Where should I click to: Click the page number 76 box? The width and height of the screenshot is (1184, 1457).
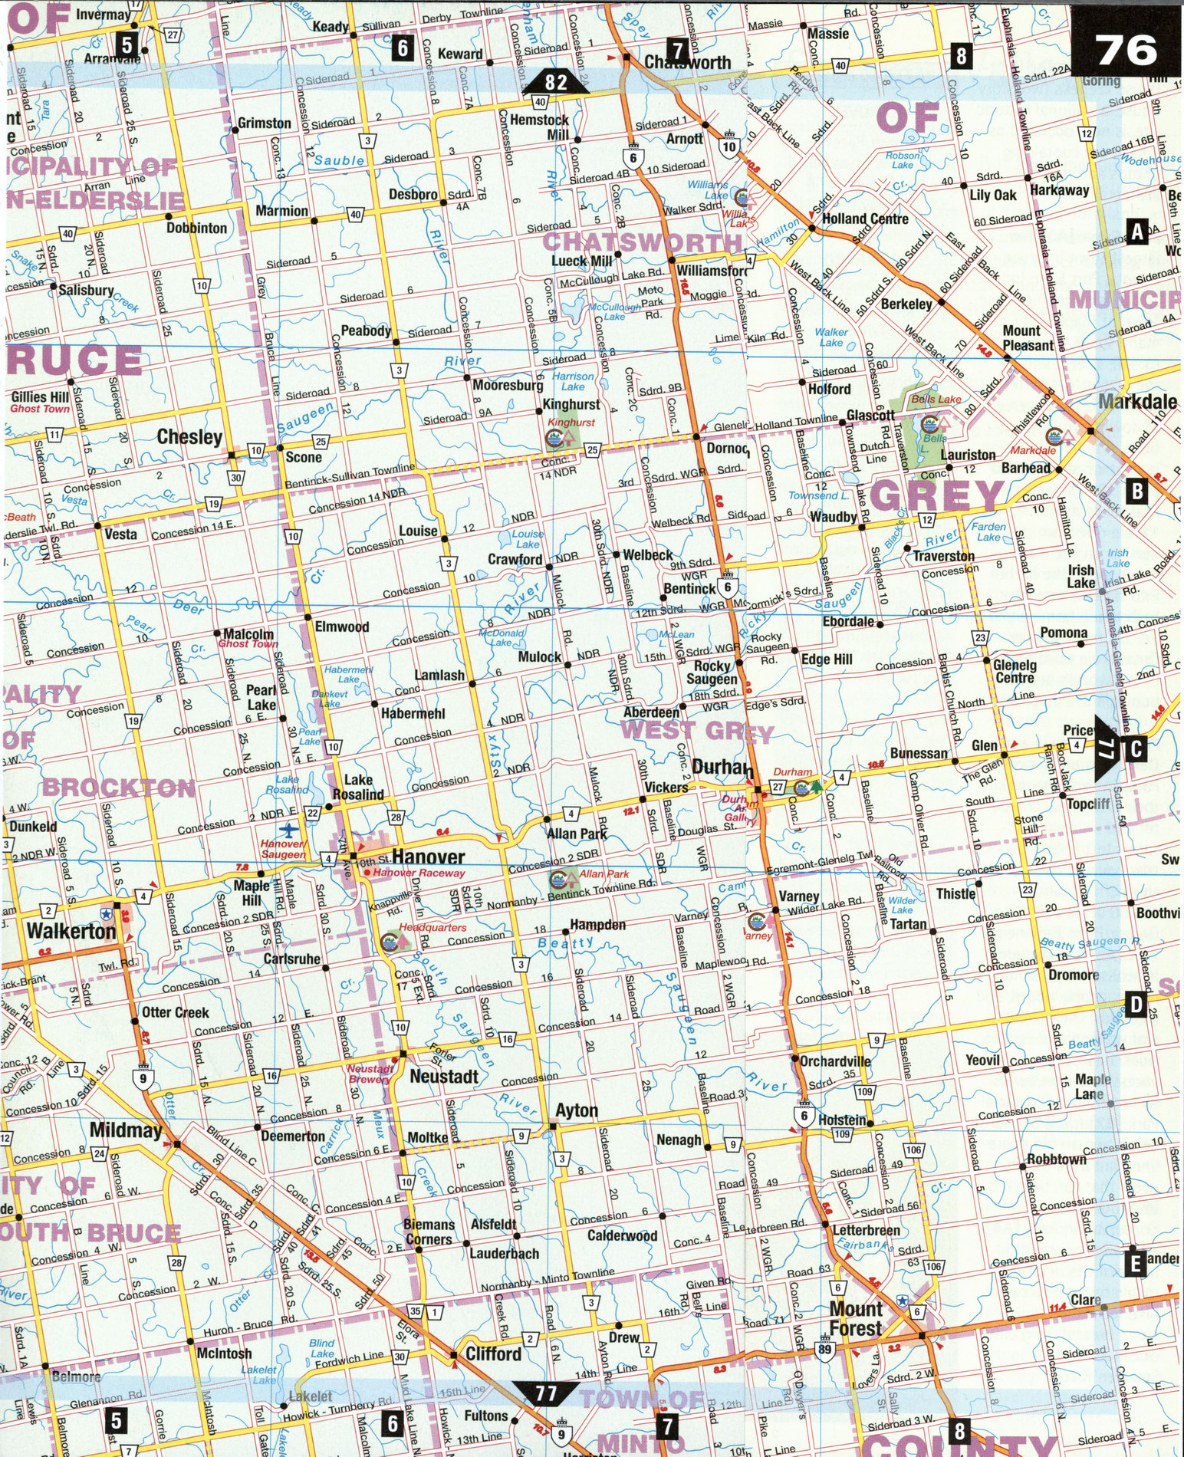point(1126,51)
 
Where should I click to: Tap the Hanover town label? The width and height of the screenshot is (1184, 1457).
point(428,857)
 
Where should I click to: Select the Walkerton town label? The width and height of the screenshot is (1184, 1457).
point(71,931)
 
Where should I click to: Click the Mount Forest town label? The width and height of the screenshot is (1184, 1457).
point(855,1318)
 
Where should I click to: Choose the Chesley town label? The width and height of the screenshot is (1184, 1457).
point(189,437)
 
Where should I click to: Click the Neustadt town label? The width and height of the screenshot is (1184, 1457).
point(443,1077)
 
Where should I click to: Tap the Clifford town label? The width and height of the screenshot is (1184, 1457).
point(493,1353)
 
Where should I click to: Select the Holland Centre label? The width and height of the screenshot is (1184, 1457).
point(864,219)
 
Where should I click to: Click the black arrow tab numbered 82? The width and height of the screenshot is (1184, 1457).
point(557,81)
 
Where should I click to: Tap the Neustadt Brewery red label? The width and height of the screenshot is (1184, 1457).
point(370,1074)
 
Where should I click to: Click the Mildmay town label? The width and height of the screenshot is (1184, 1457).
point(126,1130)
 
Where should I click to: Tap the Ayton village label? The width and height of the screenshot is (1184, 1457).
point(576,1110)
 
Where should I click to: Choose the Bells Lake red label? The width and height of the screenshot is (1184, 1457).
point(936,400)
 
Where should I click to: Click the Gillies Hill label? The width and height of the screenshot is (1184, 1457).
point(40,397)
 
